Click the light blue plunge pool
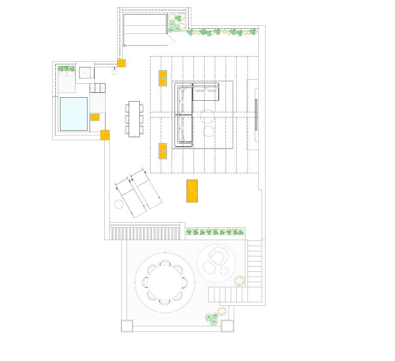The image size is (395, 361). (74, 114)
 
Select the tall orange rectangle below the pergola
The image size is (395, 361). (192, 191)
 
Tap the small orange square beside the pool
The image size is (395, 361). (95, 117)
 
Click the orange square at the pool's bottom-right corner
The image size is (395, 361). (105, 135)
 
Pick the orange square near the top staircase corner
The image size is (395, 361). (121, 63)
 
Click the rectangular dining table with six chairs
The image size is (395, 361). (134, 119)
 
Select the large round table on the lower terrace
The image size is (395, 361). (165, 282)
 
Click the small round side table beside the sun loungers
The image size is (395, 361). (119, 204)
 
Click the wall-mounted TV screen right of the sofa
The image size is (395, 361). (256, 114)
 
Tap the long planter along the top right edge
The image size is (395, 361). (222, 32)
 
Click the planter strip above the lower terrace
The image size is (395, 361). (215, 232)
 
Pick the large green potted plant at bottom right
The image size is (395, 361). (211, 318)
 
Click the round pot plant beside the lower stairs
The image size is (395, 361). (239, 281)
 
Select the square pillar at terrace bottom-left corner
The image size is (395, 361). (127, 326)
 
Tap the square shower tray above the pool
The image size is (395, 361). (86, 73)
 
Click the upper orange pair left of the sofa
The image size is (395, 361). (163, 78)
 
